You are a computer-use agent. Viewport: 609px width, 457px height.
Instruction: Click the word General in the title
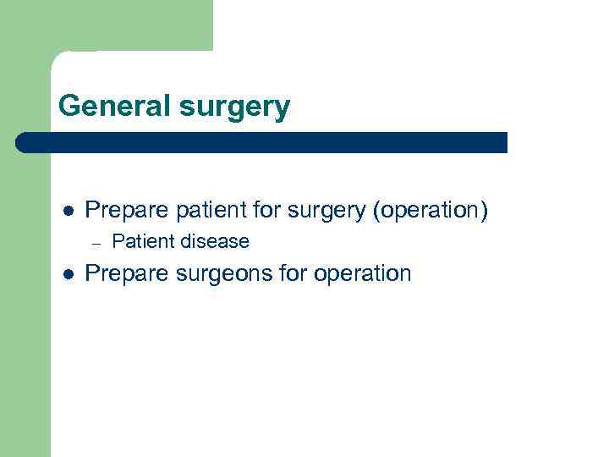pyautogui.click(x=115, y=107)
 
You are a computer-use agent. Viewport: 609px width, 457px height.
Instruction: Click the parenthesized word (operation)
pyautogui.click(x=430, y=210)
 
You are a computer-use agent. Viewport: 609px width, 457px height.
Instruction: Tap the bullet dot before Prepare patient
pyautogui.click(x=69, y=211)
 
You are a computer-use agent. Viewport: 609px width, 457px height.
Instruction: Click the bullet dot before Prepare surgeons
pyautogui.click(x=69, y=274)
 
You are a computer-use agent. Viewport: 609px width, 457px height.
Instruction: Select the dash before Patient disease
pyautogui.click(x=96, y=244)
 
